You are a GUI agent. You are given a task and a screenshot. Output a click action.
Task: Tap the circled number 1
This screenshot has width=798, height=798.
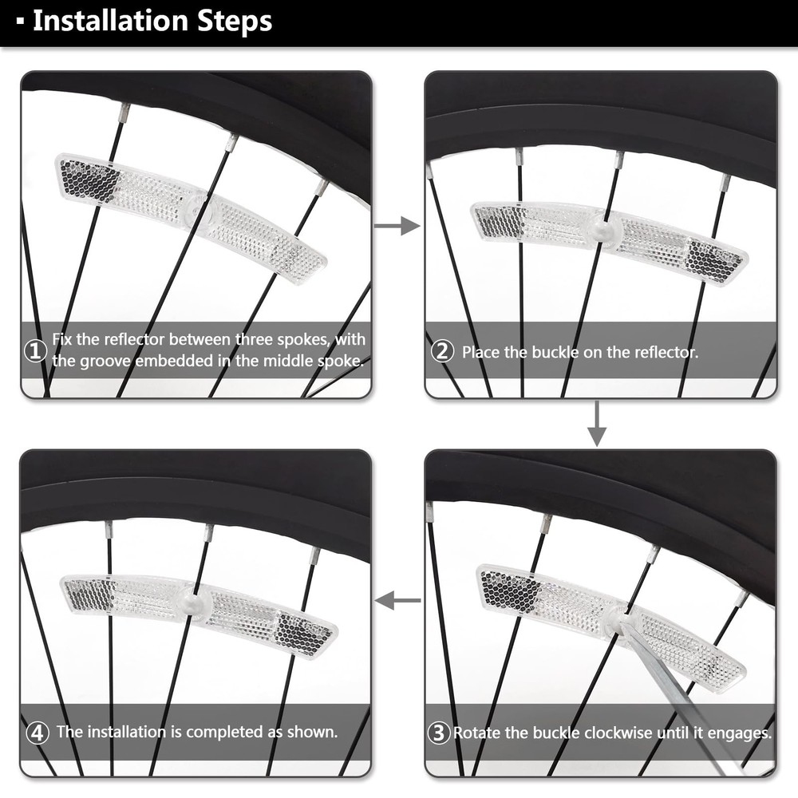tap(35, 351)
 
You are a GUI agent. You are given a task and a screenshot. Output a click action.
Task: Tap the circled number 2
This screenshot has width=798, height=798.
tap(441, 351)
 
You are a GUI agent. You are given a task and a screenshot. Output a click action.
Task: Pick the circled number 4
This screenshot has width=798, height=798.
tap(36, 732)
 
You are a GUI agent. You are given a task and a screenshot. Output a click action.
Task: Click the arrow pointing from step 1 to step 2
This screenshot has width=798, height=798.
tap(397, 227)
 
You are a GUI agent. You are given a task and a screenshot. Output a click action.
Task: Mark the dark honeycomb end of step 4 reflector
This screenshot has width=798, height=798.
tap(303, 635)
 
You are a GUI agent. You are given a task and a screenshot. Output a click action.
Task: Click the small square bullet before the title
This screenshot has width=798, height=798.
tap(19, 22)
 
